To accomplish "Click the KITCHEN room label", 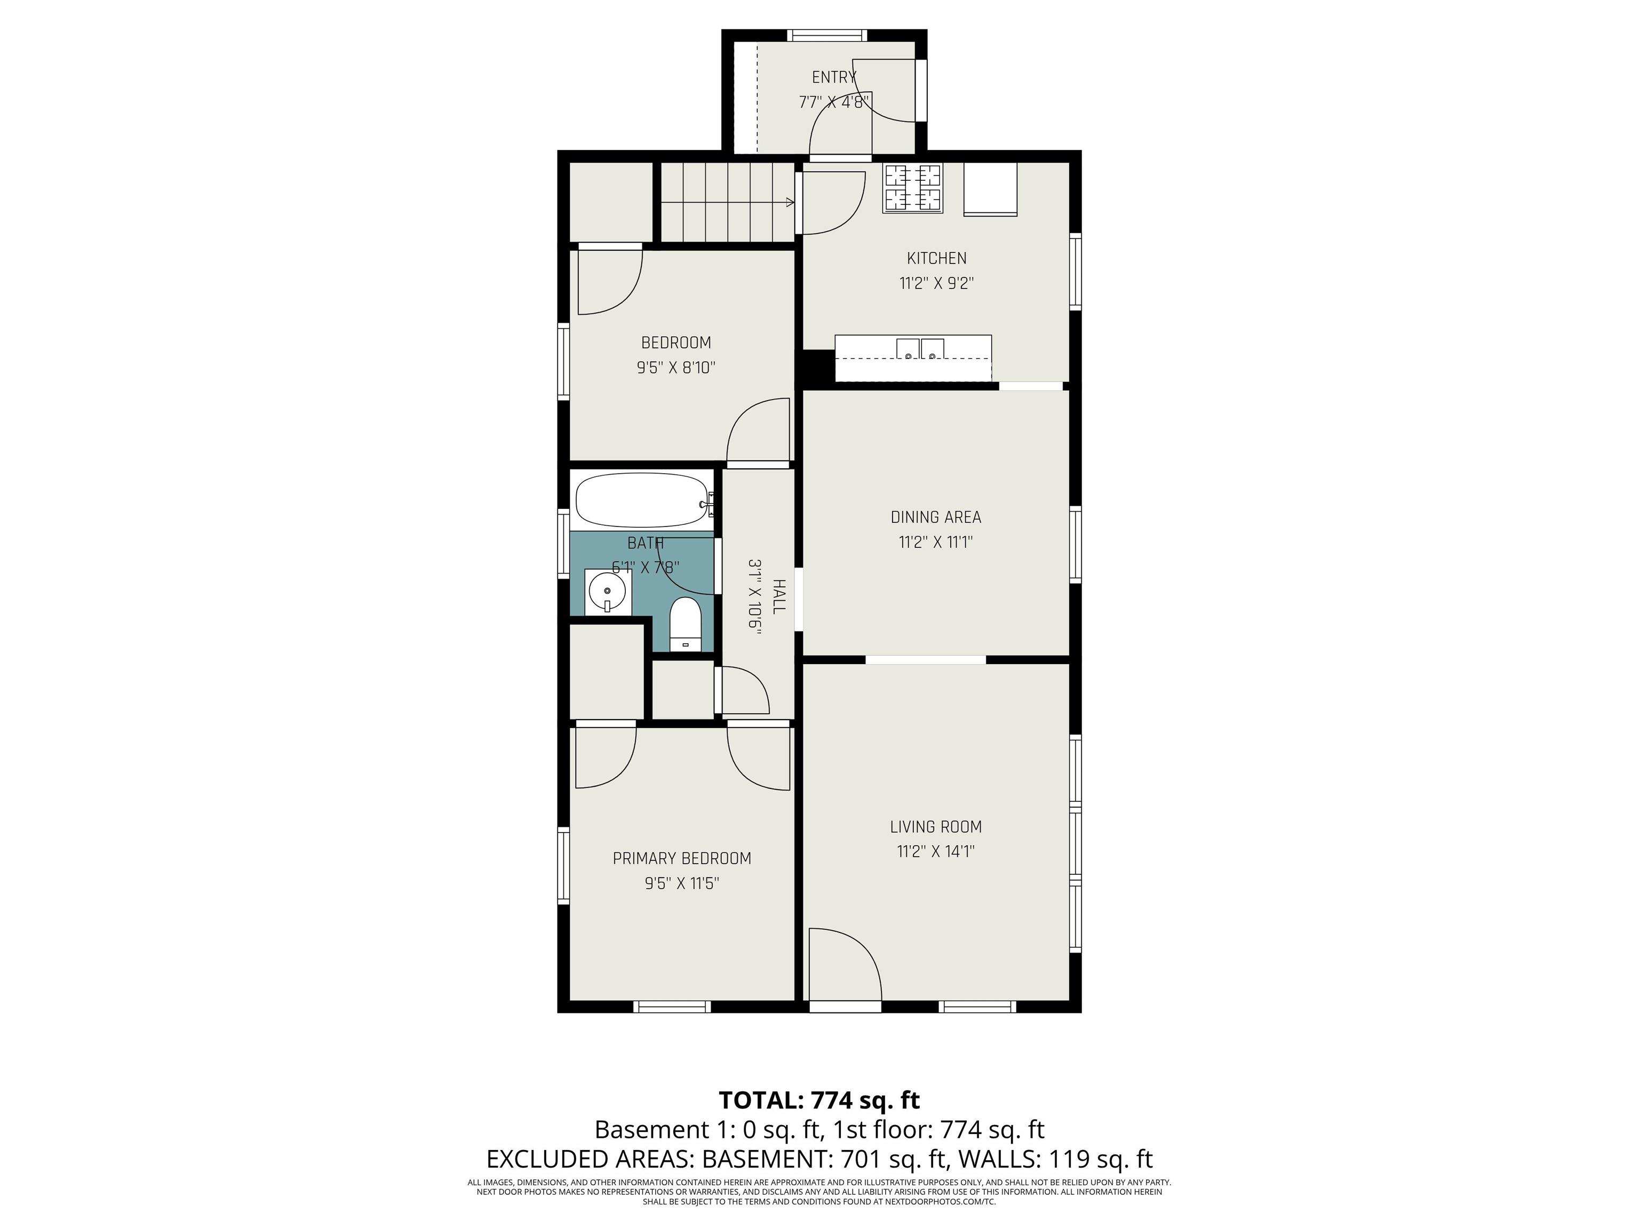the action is click(936, 259).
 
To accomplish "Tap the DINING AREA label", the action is click(936, 517).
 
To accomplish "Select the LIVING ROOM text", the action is click(936, 827).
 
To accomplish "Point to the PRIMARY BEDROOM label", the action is click(682, 859).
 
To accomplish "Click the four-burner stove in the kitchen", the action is click(913, 188).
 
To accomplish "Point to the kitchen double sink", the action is click(921, 349).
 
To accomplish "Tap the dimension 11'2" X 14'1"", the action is click(936, 851).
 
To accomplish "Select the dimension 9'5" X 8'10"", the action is click(677, 368).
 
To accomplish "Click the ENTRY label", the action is click(833, 77).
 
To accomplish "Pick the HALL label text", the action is click(779, 596).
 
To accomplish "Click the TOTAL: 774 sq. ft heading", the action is click(819, 1100).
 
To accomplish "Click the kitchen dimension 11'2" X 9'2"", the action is click(936, 283).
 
